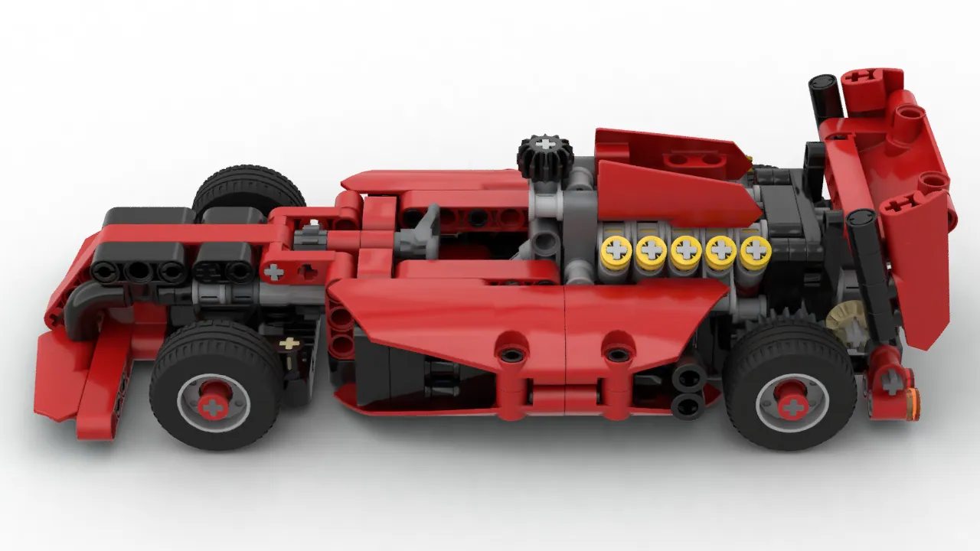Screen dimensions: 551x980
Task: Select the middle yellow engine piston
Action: coord(685,250)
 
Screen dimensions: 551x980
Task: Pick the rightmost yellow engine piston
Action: coord(755,250)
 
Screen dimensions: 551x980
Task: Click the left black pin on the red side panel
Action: coord(511,354)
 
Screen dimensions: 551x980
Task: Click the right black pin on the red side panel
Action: coord(617,354)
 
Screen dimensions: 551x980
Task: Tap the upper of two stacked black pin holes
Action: coord(689,377)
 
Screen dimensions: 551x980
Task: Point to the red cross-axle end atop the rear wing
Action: coord(864,77)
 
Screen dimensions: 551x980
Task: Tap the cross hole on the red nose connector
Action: coord(273,271)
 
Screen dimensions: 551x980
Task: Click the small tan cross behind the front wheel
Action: coord(289,344)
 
